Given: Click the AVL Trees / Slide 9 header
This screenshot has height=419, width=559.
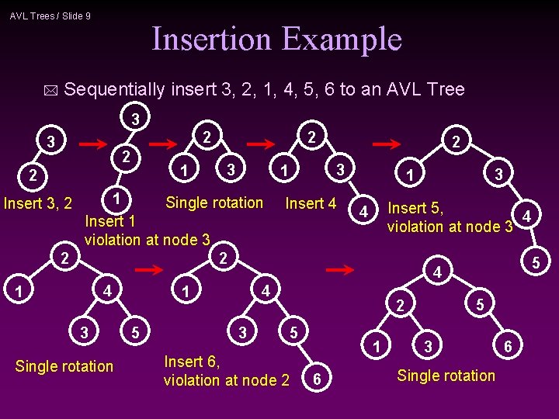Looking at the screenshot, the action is [x=50, y=16].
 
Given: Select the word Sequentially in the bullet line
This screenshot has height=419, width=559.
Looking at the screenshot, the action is [x=115, y=89].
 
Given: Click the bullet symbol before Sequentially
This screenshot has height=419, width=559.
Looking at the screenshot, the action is [x=50, y=91].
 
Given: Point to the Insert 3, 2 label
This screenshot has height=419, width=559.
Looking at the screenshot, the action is [x=38, y=204].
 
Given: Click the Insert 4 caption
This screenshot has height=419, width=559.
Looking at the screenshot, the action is [x=311, y=203].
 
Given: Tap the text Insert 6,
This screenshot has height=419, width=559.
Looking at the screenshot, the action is [x=192, y=362].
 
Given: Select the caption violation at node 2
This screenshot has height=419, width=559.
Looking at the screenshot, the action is [x=226, y=379].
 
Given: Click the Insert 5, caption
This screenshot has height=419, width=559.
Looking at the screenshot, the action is [x=415, y=208].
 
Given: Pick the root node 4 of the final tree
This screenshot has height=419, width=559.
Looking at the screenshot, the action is [x=438, y=273].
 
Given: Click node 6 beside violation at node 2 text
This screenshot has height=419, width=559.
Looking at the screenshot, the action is [x=316, y=379].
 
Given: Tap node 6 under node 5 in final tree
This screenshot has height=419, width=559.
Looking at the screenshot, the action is [x=506, y=346].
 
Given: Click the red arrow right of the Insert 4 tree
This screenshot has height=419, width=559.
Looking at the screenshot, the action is [x=387, y=144].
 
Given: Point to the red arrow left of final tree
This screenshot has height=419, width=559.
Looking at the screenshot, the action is [x=339, y=270].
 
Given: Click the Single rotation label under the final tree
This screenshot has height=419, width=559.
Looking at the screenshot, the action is [x=446, y=376].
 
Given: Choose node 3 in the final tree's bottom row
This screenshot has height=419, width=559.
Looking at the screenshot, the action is [x=427, y=346].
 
